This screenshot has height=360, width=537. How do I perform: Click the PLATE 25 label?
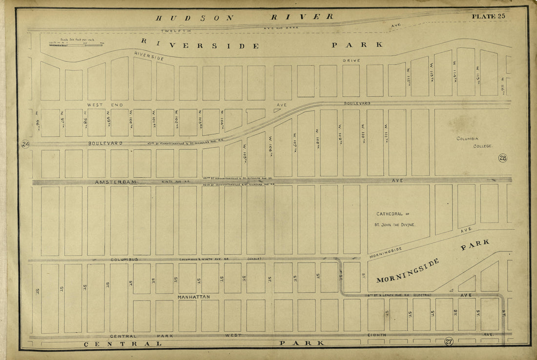[x=488, y=16]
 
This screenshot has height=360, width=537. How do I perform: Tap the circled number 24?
[x=25, y=144]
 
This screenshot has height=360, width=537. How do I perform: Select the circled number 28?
[x=502, y=158]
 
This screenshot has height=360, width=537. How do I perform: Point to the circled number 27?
[x=449, y=341]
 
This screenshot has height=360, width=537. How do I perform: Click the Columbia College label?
[x=474, y=142]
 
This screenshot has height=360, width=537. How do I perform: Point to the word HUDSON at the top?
[x=194, y=18]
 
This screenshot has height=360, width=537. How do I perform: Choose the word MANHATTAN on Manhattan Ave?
[x=193, y=297]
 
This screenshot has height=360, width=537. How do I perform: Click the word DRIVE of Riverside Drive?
[x=351, y=60]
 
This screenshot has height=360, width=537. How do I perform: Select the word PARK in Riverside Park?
[x=357, y=45]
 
